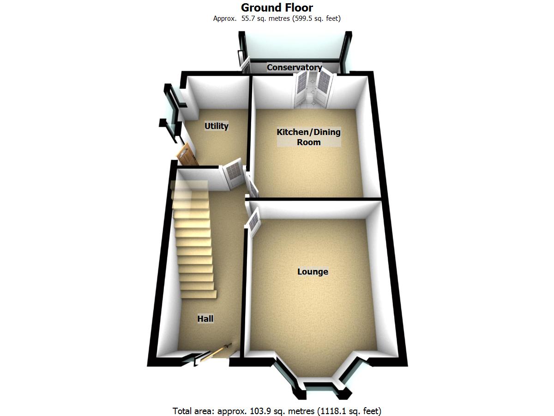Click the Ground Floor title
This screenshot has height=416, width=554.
click(277, 8)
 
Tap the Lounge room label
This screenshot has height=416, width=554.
click(313, 272)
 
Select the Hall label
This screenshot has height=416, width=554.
click(205, 318)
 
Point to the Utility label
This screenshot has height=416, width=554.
click(217, 126)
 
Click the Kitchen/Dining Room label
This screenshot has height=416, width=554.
click(308, 137)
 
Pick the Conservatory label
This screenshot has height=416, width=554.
click(294, 67)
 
